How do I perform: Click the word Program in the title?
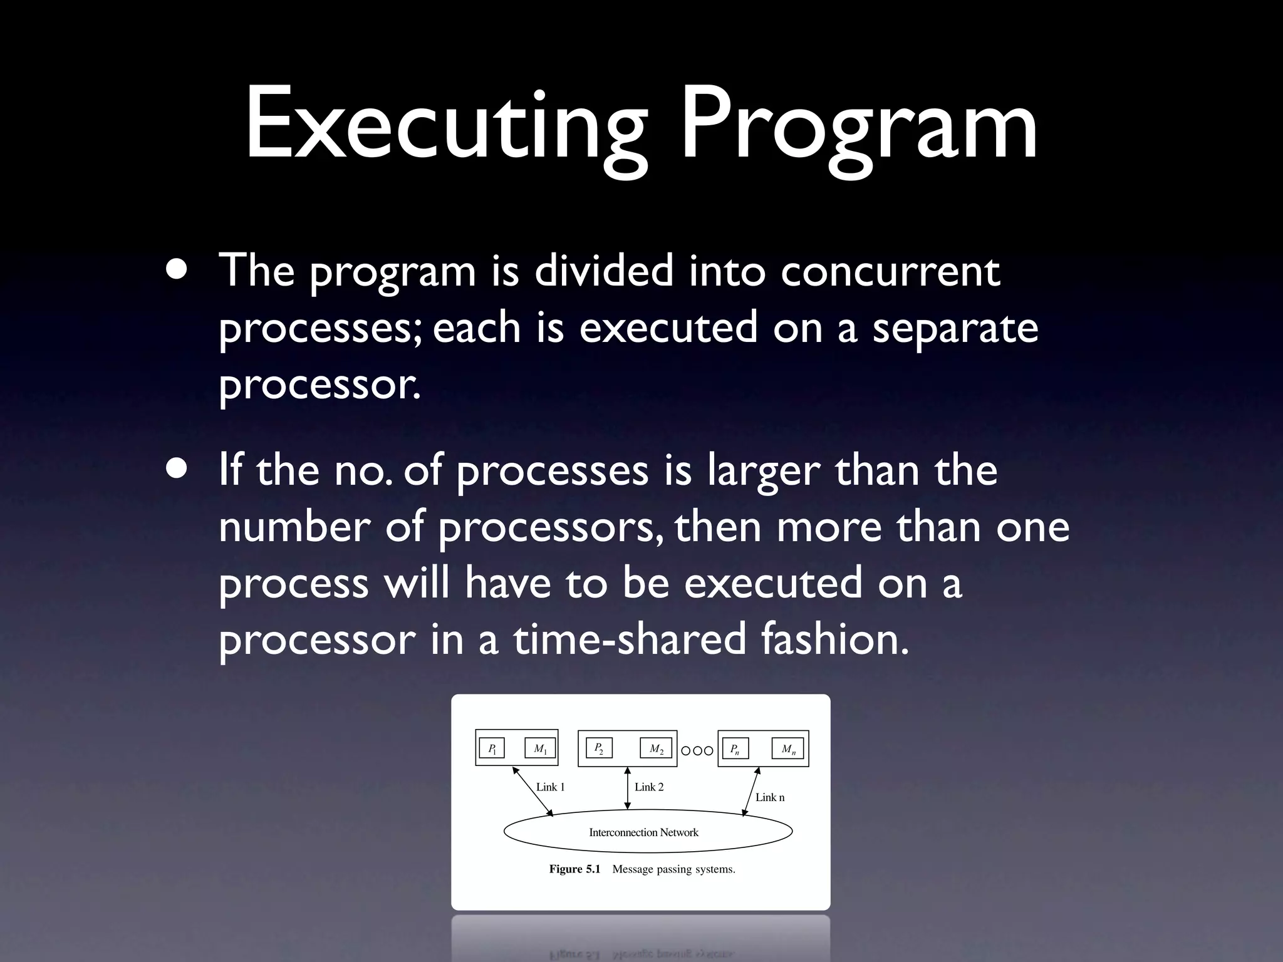coord(859,125)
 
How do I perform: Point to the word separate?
coord(955,328)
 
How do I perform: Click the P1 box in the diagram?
coord(492,748)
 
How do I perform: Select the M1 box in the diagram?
coord(540,748)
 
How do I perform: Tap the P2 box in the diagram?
coord(600,748)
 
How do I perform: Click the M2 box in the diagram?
coord(656,748)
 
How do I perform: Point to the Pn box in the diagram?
coord(735,748)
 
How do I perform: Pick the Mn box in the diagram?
coord(789,748)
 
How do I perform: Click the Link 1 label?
coord(550,787)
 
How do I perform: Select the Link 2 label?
coord(649,787)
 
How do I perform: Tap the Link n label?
coord(770,797)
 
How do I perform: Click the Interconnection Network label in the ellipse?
coord(643,832)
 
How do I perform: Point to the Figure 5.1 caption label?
coord(574,869)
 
